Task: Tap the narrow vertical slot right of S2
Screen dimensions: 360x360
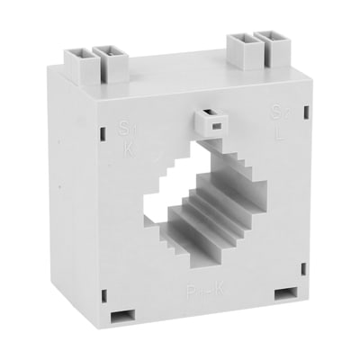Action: tap(306, 112)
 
